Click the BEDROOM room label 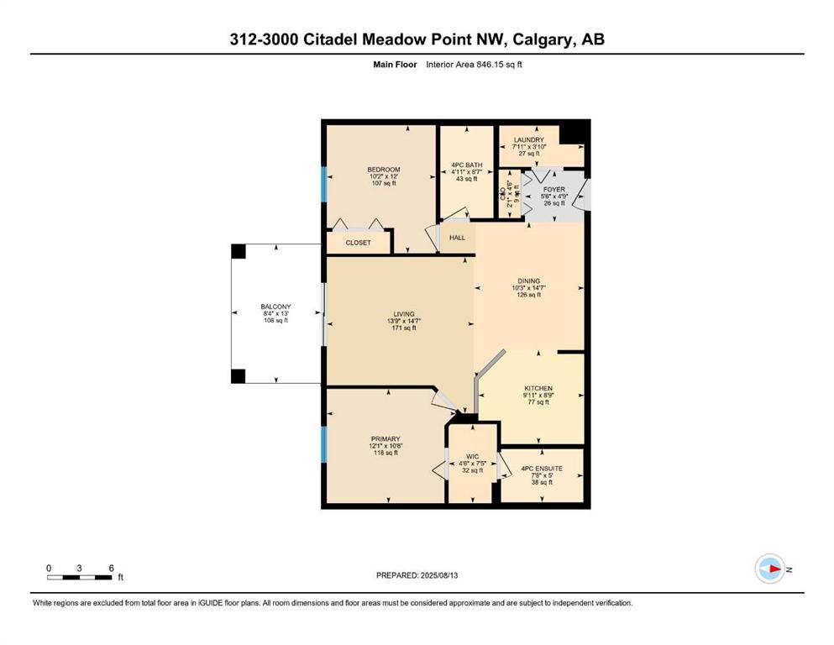tap(384, 170)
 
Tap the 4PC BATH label tap(466, 165)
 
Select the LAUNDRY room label tap(528, 140)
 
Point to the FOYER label tap(553, 189)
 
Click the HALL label tap(457, 238)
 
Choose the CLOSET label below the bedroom tap(358, 243)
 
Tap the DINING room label tap(528, 281)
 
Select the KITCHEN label tap(538, 389)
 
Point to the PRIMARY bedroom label tap(386, 439)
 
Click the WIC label tap(472, 457)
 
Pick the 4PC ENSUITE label tap(542, 469)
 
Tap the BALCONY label tap(275, 307)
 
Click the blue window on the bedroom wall tap(323, 184)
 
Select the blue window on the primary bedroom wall tap(323, 444)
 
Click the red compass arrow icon tap(774, 569)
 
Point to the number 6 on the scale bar tap(111, 568)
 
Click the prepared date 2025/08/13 tap(439, 575)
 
